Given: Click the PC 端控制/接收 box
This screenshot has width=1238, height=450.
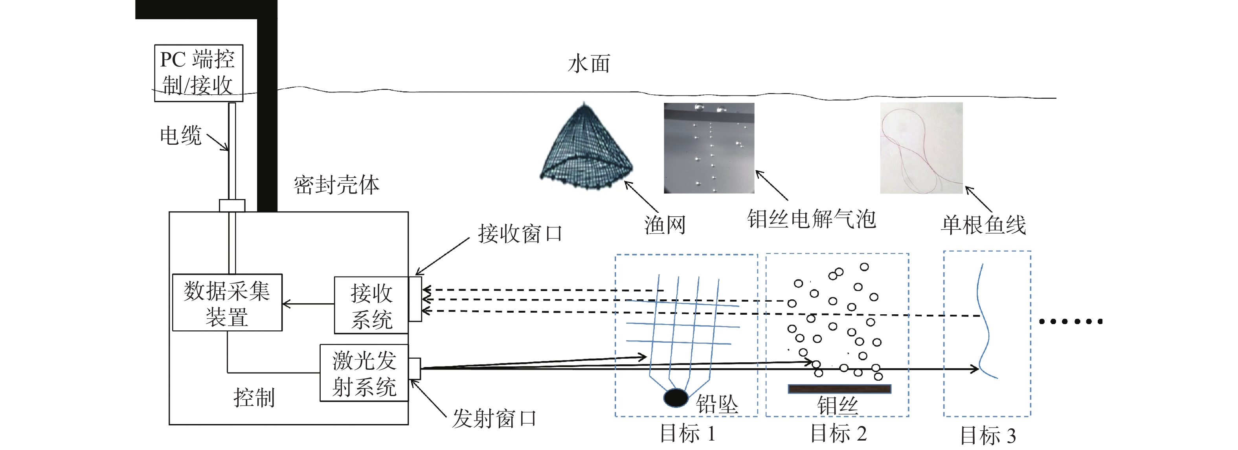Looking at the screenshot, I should point(198,73).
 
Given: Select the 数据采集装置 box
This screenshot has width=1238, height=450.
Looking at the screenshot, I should point(227,303).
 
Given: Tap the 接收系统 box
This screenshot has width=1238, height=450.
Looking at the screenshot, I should point(371,306).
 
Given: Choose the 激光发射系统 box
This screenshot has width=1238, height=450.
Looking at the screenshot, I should point(364,373).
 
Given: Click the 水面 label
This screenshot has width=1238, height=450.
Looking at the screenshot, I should point(589,64).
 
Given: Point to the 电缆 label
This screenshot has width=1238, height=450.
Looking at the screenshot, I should point(180,136).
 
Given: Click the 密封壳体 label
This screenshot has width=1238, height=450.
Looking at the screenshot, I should point(336,184).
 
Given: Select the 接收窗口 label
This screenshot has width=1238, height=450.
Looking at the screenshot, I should point(520,234).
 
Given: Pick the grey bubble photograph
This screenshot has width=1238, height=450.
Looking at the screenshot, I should point(709,148).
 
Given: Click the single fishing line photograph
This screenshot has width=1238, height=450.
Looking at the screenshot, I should point(921,148).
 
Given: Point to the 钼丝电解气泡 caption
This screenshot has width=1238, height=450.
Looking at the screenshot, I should point(811,219).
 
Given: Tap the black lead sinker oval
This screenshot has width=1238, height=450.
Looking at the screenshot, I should point(676,398).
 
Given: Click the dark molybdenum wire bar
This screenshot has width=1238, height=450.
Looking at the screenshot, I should point(839,389).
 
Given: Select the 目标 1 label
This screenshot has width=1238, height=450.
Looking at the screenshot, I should point(687,433).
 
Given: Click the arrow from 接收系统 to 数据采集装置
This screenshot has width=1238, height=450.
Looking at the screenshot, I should point(308,304).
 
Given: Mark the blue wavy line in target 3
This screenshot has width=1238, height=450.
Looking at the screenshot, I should point(983,322).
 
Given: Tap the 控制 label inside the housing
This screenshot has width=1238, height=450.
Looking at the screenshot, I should point(254,398).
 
